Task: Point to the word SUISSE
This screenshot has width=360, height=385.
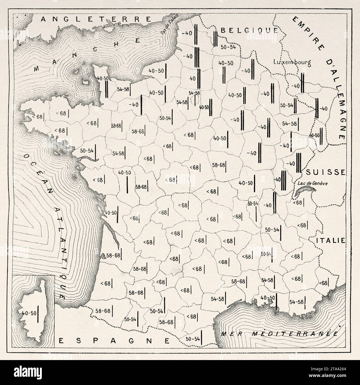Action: (x=326, y=172)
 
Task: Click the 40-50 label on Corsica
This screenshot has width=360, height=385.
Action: (x=29, y=313)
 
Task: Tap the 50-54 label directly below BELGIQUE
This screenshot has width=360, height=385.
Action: (x=228, y=47)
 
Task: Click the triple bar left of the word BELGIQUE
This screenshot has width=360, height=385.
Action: (x=215, y=39)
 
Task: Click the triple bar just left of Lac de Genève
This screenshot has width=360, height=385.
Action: (x=284, y=180)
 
